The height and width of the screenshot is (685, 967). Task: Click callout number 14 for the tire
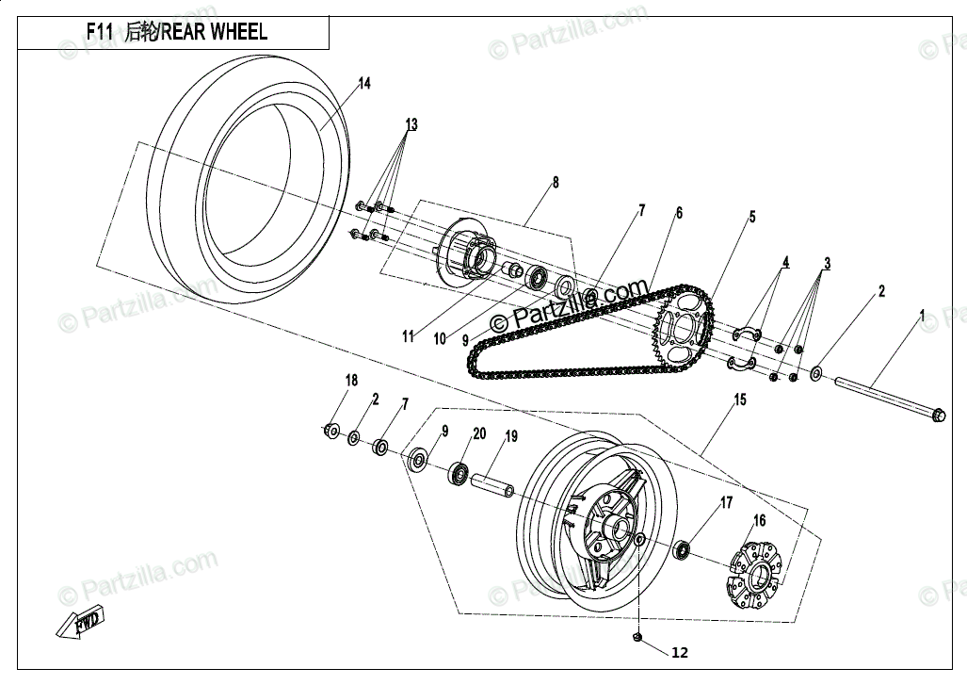363,84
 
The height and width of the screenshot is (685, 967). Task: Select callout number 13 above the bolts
411,124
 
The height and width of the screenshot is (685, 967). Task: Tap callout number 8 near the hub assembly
556,183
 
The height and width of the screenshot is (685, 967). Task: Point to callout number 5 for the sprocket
752,217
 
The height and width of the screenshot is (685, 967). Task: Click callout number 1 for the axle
922,314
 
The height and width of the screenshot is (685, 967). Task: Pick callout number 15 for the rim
740,400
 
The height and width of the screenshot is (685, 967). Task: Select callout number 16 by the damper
759,520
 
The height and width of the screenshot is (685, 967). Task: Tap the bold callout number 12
680,652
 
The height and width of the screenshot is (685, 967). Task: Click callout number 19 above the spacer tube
511,436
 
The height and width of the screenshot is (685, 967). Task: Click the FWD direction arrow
80,624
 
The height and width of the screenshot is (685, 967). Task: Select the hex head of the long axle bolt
937,414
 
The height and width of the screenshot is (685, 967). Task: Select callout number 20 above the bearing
479,433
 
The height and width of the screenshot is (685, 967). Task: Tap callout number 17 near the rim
726,503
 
